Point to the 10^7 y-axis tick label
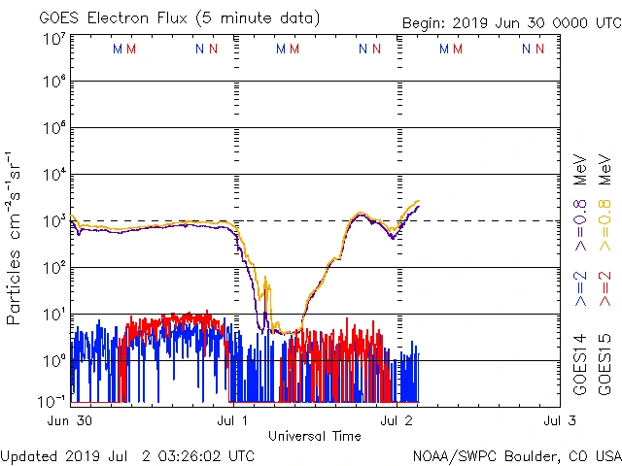[54, 40]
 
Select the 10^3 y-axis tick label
[54, 220]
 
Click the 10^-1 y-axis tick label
[54, 401]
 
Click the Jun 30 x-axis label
[69, 420]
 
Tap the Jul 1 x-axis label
[232, 420]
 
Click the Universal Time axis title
[315, 436]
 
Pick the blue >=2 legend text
[581, 288]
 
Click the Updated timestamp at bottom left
[128, 455]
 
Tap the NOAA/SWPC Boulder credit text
[516, 455]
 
